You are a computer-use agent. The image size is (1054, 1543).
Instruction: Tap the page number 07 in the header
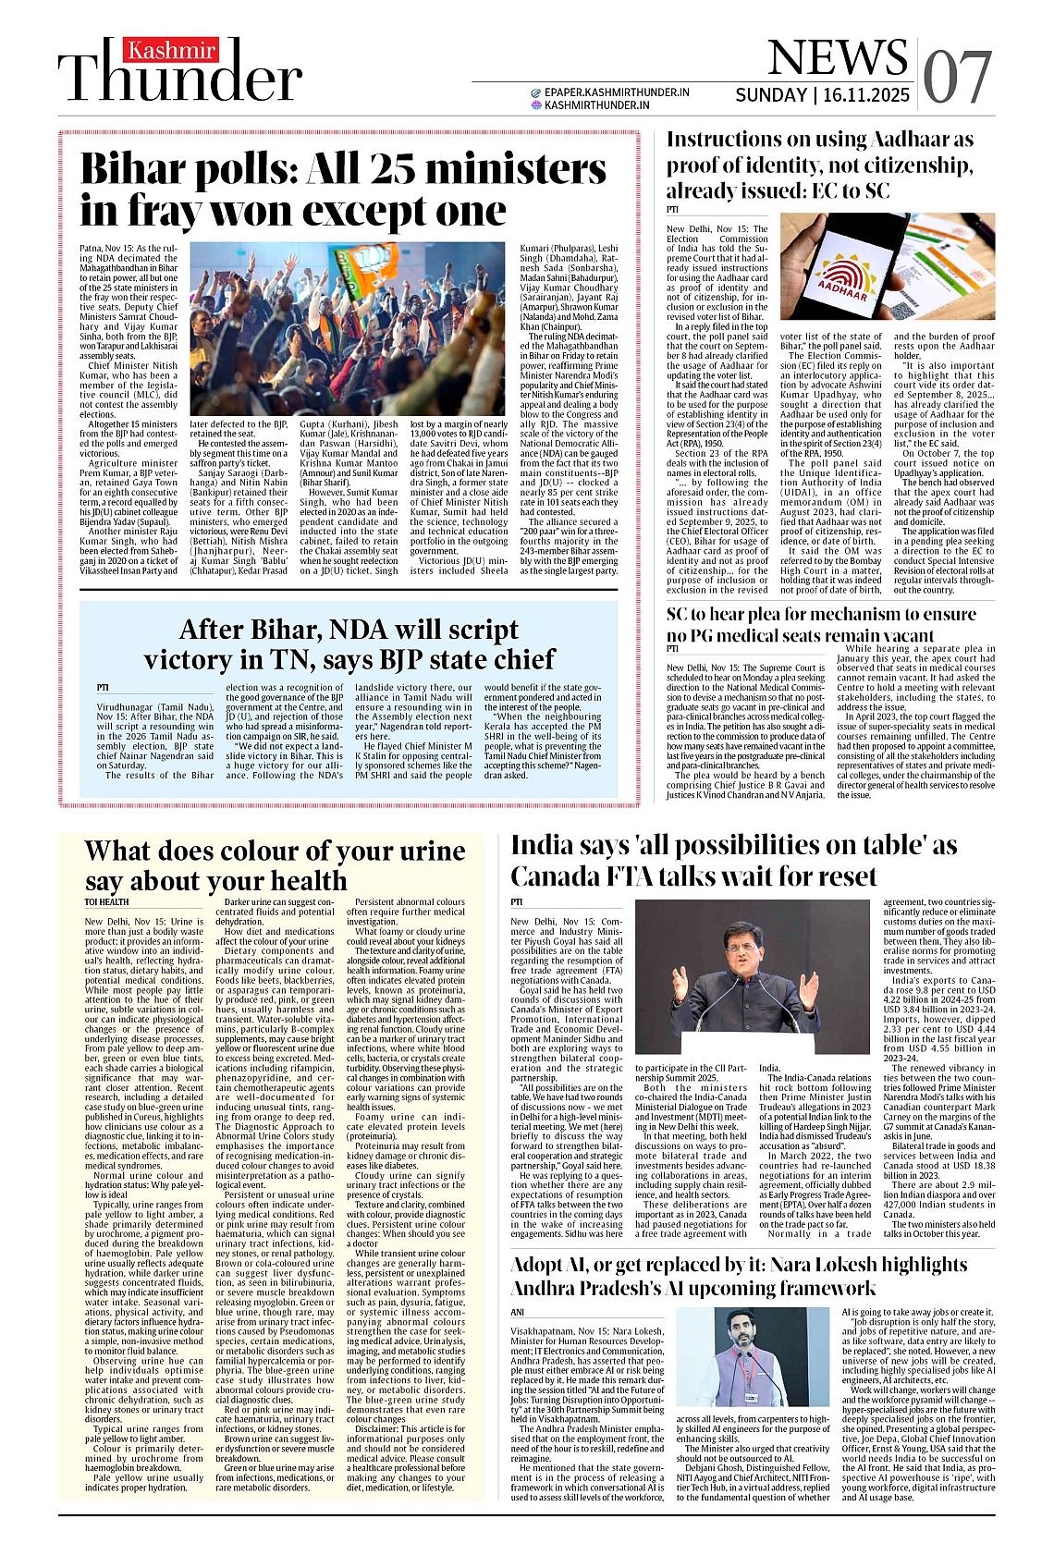pyautogui.click(x=958, y=77)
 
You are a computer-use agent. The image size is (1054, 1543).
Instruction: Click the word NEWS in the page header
pyautogui.click(x=838, y=58)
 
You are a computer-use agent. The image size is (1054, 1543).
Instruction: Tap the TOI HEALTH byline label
pyautogui.click(x=107, y=901)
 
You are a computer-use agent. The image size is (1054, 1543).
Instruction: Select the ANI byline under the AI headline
pyautogui.click(x=518, y=1312)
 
